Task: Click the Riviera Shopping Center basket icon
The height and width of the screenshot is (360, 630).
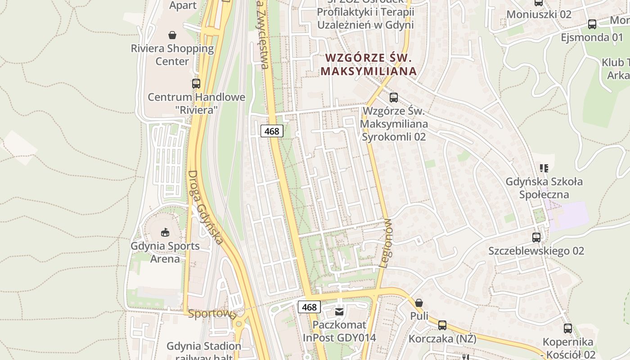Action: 172,35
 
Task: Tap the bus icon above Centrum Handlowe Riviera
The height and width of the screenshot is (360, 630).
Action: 196,83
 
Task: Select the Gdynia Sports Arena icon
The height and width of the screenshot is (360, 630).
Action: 165,232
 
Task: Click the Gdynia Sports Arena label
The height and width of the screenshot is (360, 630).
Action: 165,252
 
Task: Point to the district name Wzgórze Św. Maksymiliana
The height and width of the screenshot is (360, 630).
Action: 368,64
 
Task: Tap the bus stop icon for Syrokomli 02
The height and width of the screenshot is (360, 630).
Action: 394,97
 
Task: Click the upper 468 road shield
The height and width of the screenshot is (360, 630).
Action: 272,131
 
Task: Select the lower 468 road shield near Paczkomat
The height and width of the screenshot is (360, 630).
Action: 309,307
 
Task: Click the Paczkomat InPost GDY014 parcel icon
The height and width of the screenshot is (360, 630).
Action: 340,311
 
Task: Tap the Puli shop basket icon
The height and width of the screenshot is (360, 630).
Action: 419,302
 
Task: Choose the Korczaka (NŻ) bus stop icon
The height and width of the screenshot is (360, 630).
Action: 442,325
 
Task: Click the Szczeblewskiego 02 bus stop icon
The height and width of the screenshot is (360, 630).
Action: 536,237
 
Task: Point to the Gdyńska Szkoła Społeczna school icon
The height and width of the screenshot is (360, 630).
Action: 544,168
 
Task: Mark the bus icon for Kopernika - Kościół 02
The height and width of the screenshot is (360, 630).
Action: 568,328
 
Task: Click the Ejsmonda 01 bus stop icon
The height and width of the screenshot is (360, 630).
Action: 592,24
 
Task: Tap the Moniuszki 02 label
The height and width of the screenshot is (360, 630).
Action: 539,14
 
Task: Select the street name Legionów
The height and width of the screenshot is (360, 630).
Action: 387,243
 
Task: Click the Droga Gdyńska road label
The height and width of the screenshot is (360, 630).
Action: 205,207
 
